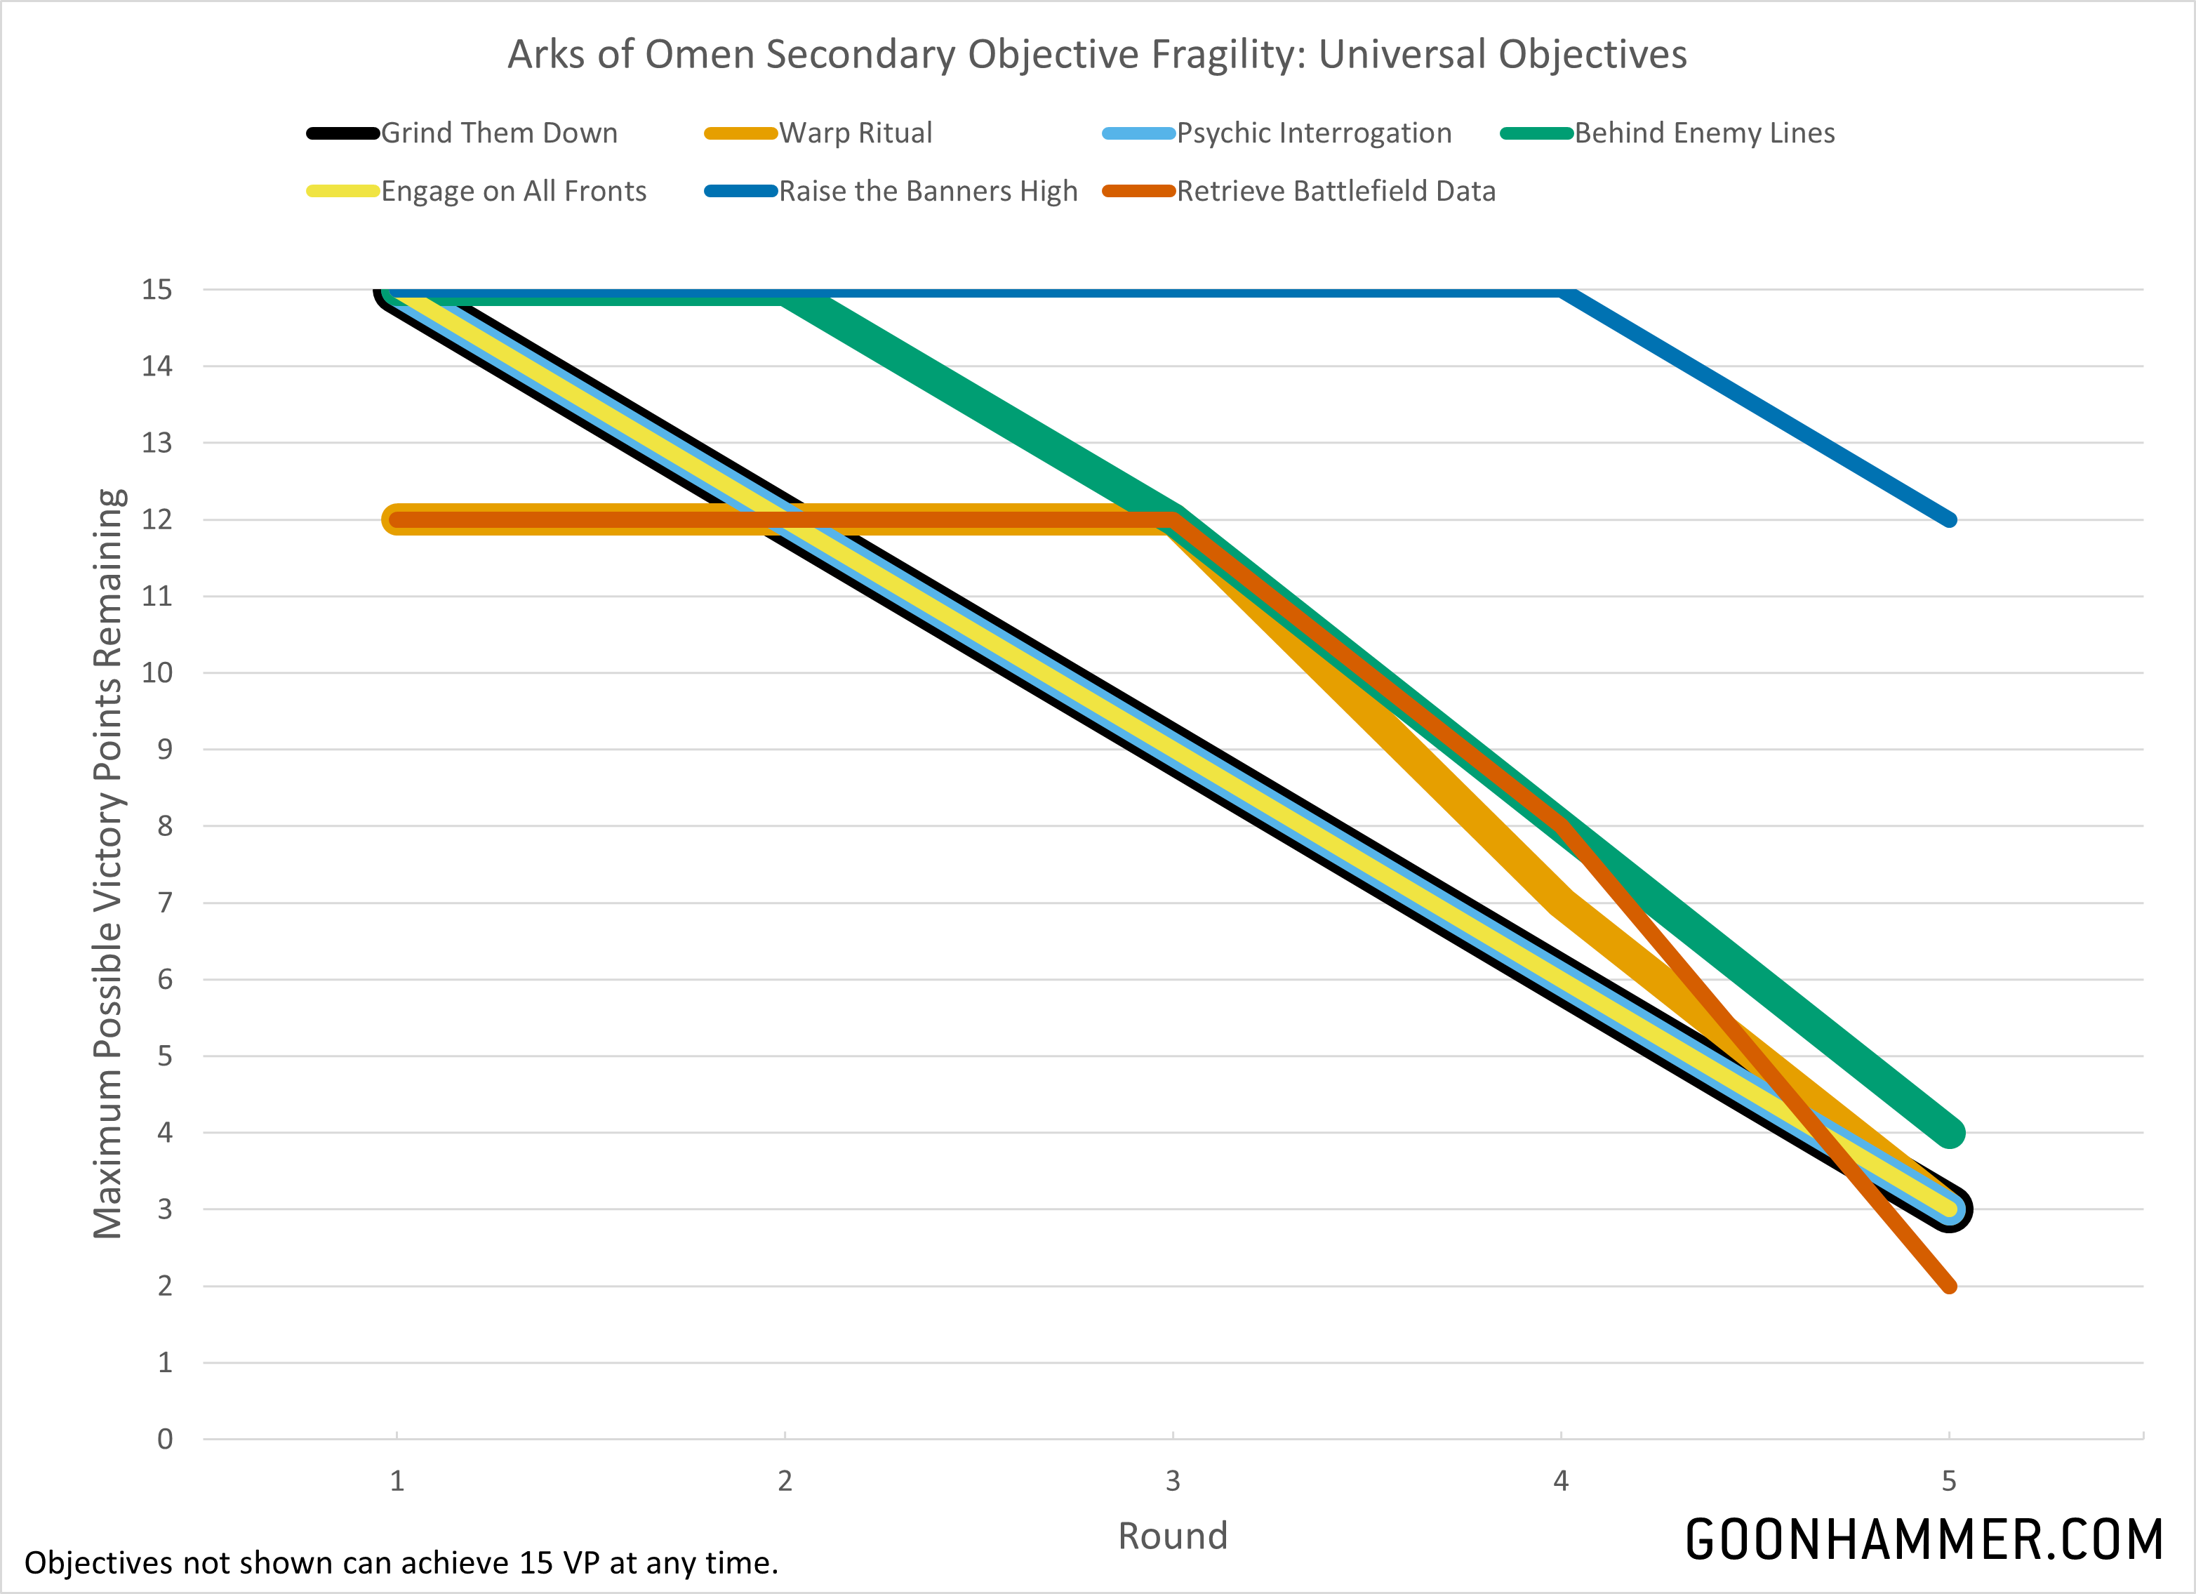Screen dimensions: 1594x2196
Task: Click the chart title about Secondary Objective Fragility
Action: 1097,55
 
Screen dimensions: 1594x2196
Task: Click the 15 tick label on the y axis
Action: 157,290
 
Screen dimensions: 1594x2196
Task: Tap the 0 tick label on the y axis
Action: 165,1439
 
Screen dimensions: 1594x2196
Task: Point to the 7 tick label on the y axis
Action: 165,903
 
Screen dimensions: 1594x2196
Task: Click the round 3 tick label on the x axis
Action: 1173,1481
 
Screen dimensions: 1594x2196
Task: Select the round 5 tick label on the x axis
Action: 1949,1481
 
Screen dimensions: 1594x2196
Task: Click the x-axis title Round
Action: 1173,1536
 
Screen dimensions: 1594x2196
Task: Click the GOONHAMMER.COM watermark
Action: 1924,1540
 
